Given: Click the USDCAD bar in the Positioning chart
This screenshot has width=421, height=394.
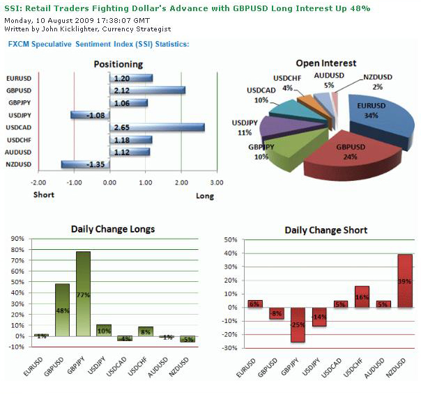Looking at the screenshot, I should tap(157, 127).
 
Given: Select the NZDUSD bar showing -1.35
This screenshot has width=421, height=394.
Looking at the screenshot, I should tap(85, 164).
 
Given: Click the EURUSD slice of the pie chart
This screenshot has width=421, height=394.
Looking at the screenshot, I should tap(377, 118).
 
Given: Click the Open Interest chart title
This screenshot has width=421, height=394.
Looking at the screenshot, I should tap(326, 63).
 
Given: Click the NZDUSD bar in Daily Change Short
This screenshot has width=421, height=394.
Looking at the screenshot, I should tap(405, 281).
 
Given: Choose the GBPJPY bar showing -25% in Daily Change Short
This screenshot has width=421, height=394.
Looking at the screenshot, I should tap(298, 324).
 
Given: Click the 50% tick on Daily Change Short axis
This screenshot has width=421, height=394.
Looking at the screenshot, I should tap(231, 239).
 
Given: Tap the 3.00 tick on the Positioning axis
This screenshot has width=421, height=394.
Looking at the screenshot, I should tap(216, 182).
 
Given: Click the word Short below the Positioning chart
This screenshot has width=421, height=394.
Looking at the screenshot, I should tap(44, 195).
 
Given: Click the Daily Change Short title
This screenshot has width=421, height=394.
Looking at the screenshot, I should tap(326, 230).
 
